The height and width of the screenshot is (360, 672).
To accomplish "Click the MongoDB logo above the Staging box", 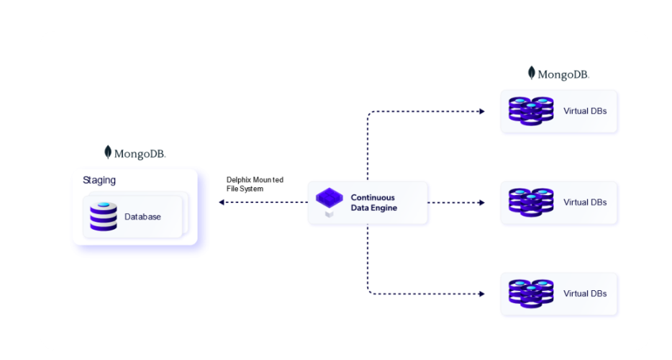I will (135, 153).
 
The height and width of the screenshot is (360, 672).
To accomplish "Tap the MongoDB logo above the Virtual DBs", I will (558, 73).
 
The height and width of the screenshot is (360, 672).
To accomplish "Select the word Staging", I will (99, 180).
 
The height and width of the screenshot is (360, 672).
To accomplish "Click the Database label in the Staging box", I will (142, 217).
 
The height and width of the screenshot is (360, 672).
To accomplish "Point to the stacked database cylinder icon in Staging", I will (104, 217).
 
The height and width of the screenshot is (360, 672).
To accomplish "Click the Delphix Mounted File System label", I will (255, 184).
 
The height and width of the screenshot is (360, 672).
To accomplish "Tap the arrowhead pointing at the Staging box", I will (222, 202).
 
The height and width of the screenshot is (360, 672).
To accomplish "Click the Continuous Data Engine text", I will (373, 202).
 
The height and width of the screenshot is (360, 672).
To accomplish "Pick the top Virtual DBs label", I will (585, 112).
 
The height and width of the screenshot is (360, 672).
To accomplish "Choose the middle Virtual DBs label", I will (585, 202).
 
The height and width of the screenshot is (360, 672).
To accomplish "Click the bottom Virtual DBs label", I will (585, 294).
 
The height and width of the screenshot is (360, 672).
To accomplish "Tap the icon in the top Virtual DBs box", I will (530, 112).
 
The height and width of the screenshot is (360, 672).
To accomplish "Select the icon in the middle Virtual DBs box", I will (530, 202).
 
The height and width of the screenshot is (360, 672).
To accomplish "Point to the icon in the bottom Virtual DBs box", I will (530, 294).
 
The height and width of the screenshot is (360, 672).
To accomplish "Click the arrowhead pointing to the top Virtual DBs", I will (481, 112).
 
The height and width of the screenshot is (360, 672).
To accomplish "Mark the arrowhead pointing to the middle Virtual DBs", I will (481, 202).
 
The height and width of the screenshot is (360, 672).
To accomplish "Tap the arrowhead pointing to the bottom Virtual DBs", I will (481, 294).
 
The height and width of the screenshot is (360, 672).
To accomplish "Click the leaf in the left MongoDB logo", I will (108, 152).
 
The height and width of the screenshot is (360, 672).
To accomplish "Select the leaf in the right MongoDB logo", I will (532, 73).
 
